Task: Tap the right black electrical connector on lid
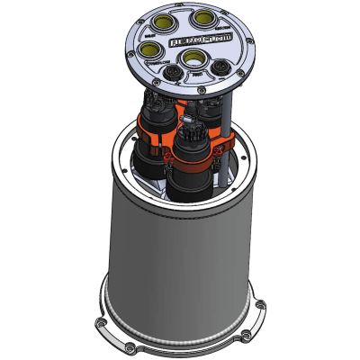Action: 220,68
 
